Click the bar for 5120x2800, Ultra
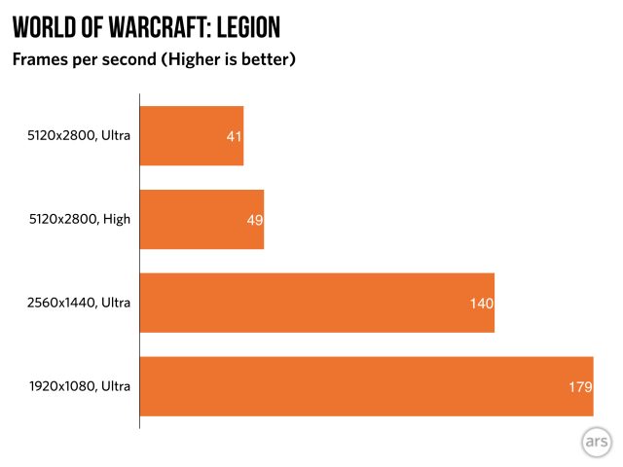[x=191, y=136]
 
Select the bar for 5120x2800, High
[x=202, y=219]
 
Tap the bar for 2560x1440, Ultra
[x=316, y=303]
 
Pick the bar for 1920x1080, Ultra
[x=366, y=386]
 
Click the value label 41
[x=234, y=137]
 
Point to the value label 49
[x=255, y=220]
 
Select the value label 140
[x=482, y=304]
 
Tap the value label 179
[x=580, y=387]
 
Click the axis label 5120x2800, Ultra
[x=79, y=135]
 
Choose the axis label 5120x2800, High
[x=79, y=219]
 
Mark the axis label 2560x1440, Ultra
[x=79, y=303]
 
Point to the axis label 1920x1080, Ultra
[x=79, y=386]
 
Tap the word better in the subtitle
[x=265, y=60]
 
